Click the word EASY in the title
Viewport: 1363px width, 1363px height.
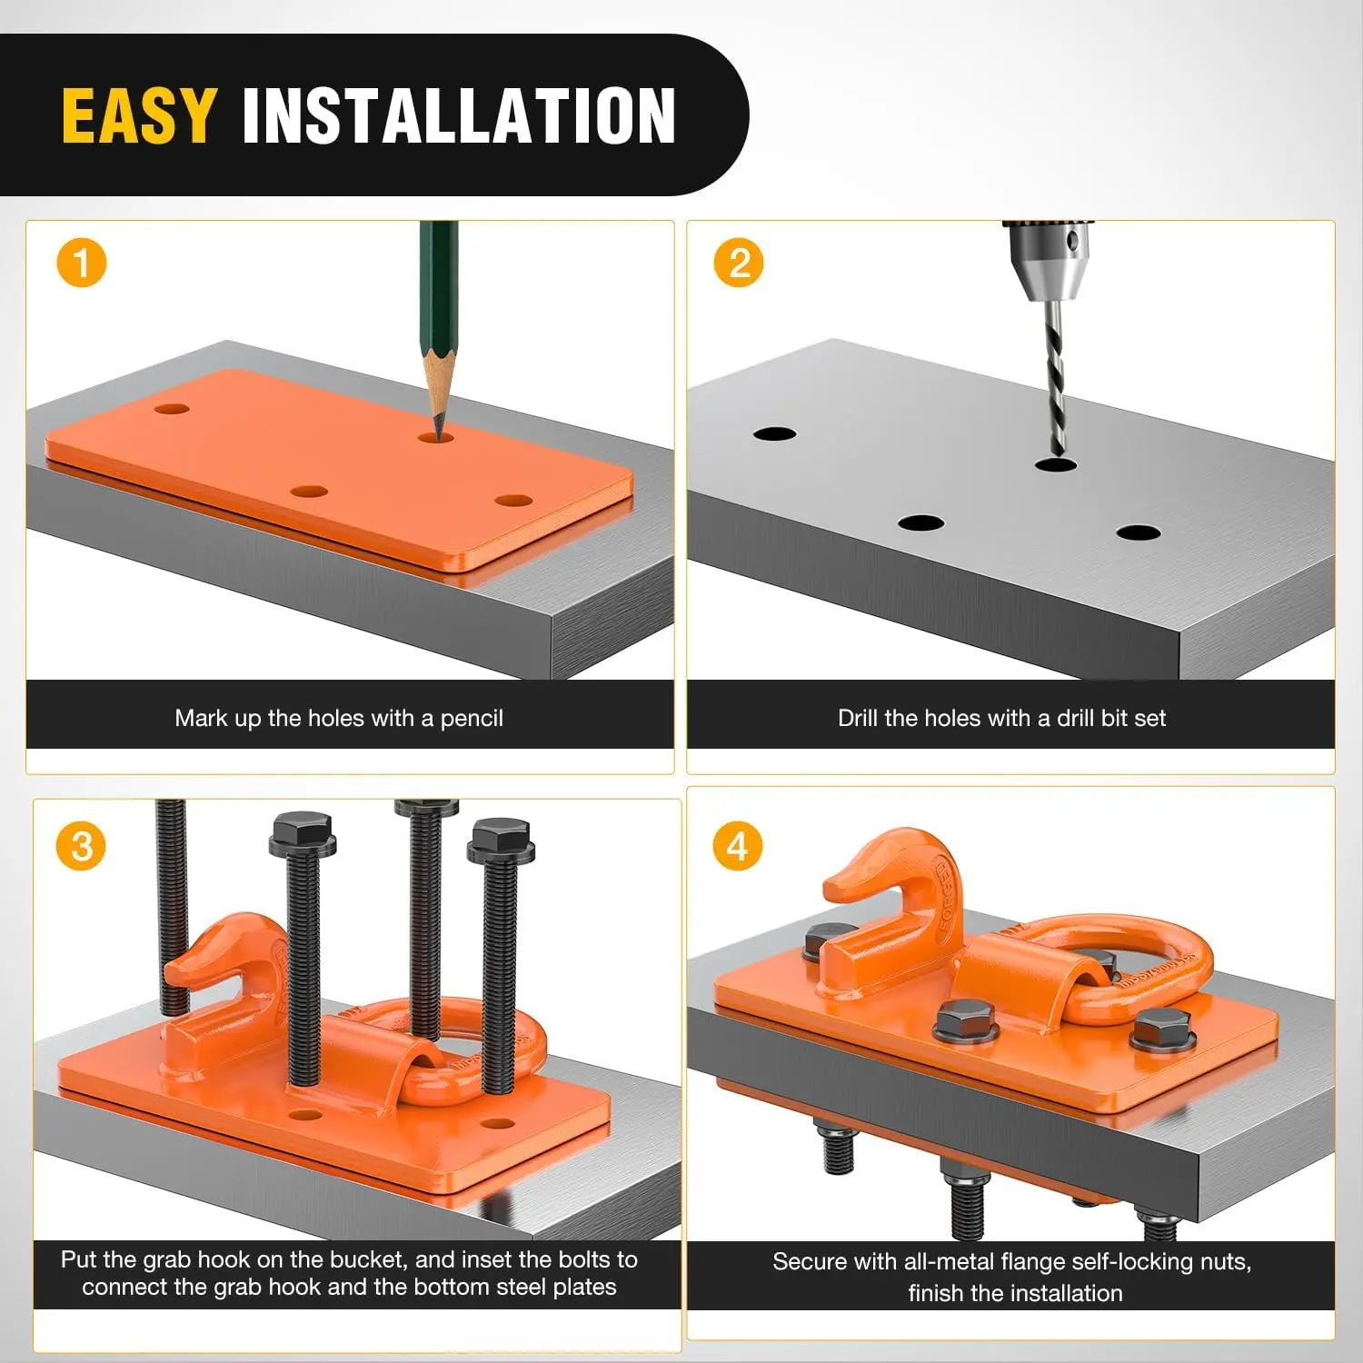pos(139,115)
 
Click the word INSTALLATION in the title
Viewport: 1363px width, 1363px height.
pos(459,115)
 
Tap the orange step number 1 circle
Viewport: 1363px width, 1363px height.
pos(82,264)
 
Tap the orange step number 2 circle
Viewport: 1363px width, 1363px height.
pos(739,264)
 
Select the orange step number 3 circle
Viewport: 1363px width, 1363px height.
pos(82,846)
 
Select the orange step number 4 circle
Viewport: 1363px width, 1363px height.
pos(738,846)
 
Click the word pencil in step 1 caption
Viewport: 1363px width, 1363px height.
pos(472,719)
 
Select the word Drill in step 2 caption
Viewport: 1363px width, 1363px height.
pos(859,718)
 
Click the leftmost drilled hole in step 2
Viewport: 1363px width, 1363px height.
pos(774,433)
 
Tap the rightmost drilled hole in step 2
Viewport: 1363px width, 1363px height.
pos(1139,532)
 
